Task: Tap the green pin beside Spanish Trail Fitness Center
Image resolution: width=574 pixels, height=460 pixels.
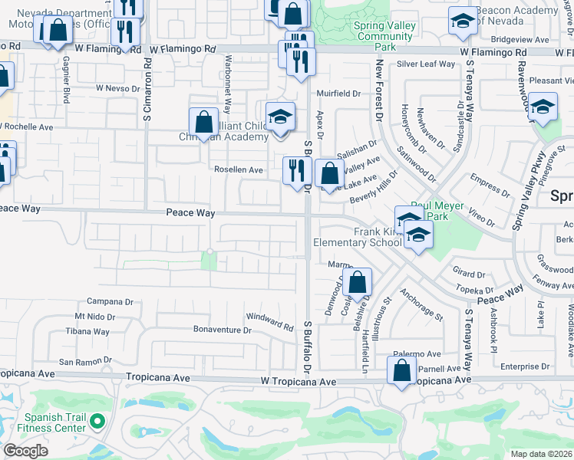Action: click(x=97, y=421)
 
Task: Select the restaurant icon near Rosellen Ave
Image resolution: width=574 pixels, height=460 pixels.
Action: click(x=295, y=170)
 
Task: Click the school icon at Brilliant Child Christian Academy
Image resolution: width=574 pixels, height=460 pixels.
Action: click(x=281, y=117)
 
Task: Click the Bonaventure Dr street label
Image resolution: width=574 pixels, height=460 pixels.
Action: click(x=222, y=330)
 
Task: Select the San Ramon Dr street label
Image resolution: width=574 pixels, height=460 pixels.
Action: click(x=85, y=360)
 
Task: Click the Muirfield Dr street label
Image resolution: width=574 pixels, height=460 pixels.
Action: click(x=338, y=94)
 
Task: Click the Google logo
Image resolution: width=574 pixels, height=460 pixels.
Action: click(x=26, y=451)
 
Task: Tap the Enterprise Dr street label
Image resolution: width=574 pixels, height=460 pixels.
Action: click(x=525, y=367)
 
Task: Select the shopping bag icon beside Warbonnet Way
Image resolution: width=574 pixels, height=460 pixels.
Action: click(x=203, y=122)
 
